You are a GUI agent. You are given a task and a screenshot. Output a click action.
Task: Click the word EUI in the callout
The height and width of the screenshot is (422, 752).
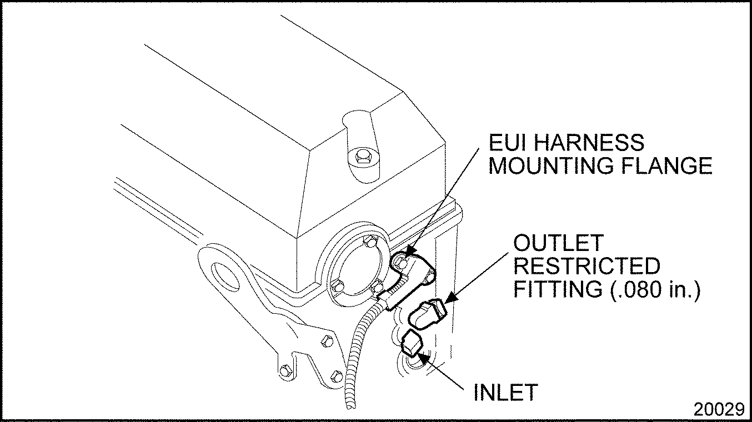[507, 142]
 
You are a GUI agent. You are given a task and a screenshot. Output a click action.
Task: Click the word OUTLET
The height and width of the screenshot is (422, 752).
[559, 243]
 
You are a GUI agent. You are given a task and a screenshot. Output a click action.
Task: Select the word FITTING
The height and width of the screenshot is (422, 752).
[558, 289]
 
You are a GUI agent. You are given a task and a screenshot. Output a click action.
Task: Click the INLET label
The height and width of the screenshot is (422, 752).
[505, 392]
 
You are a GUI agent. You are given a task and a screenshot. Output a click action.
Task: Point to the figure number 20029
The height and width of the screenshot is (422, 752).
[719, 410]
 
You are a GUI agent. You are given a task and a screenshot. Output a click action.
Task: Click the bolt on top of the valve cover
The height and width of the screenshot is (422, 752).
[362, 157]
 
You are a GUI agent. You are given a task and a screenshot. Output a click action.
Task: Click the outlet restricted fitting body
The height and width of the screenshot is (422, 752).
[428, 313]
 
